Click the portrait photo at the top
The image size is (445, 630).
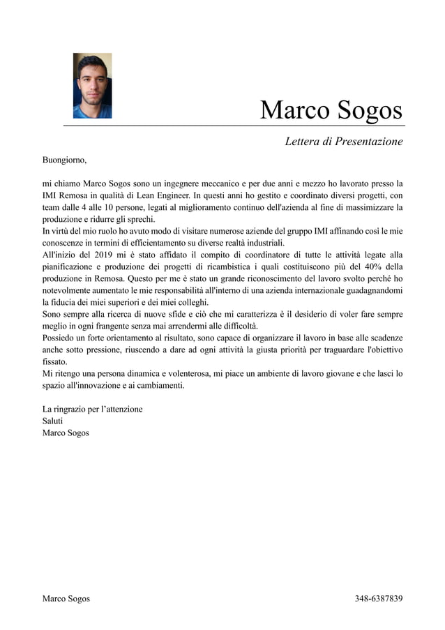click(92, 86)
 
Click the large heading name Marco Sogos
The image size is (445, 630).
click(331, 110)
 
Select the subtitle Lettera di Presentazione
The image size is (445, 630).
click(344, 142)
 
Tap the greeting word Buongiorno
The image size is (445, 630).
click(64, 160)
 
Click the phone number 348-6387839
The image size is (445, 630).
click(379, 599)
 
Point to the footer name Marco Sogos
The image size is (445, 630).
click(66, 599)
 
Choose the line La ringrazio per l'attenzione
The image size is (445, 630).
click(92, 409)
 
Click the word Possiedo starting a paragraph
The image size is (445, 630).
click(59, 338)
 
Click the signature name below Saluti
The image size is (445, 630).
click(66, 433)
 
